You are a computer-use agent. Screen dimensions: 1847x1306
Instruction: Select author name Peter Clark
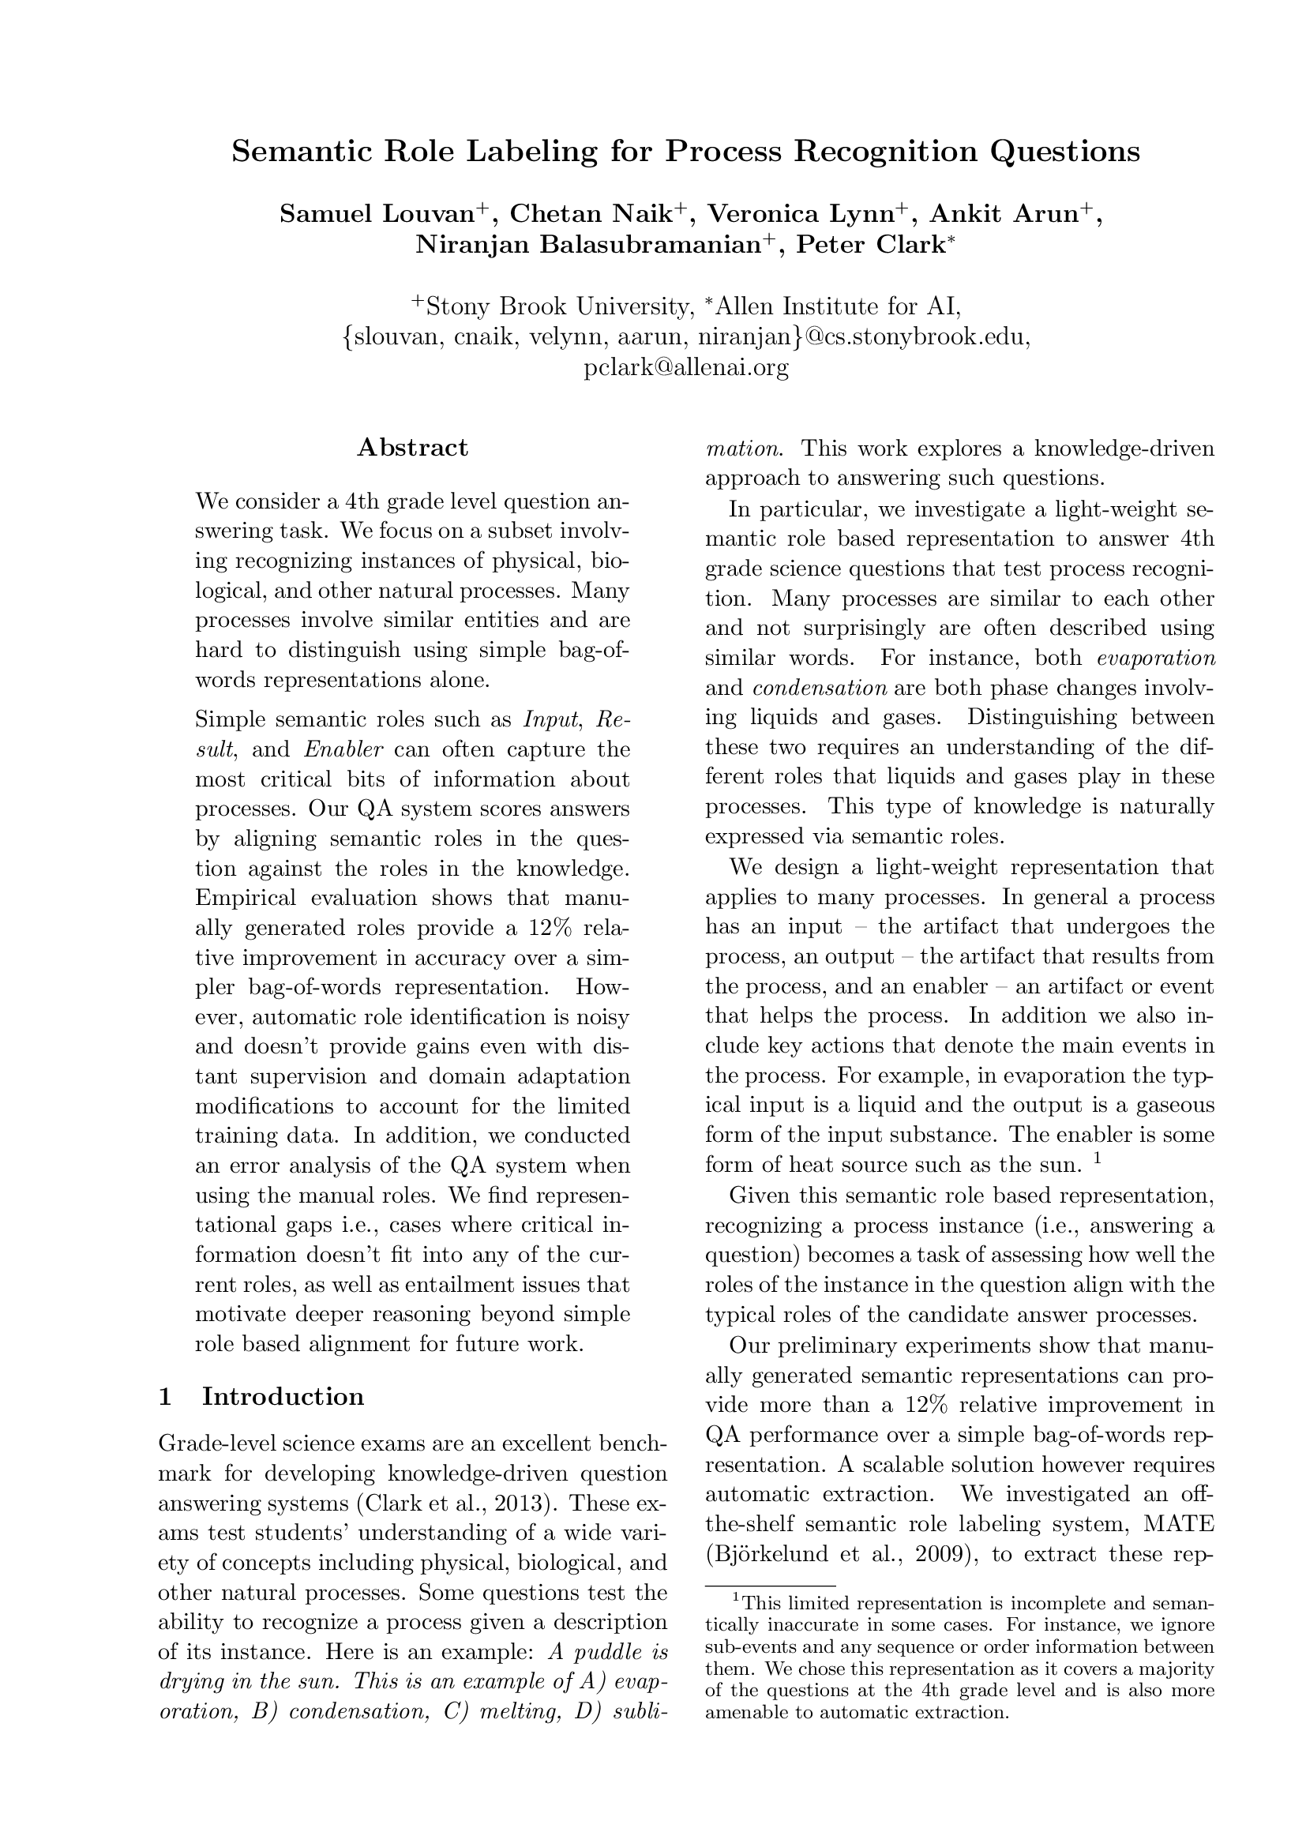[x=869, y=245]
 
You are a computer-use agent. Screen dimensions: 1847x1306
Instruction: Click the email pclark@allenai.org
[x=685, y=368]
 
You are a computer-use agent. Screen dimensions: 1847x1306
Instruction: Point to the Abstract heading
[x=411, y=447]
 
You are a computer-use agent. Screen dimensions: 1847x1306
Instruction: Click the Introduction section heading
[x=283, y=1395]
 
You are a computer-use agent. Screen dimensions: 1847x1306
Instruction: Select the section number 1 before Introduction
[x=166, y=1395]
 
